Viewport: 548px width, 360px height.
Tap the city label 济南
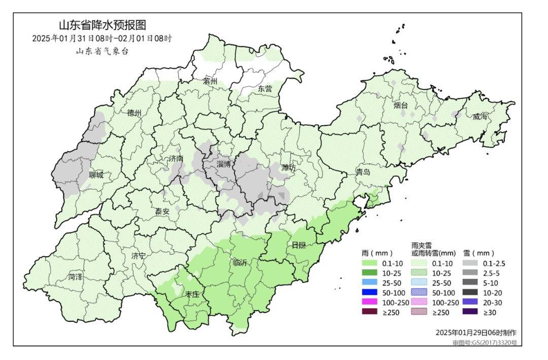(x=176, y=159)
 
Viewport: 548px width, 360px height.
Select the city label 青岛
(x=363, y=172)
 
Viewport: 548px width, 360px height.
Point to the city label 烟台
(x=401, y=105)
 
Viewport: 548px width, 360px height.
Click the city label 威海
(x=479, y=117)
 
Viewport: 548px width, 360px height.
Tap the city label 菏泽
(x=76, y=277)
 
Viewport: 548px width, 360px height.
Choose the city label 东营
(x=265, y=88)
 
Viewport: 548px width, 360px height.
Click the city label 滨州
(x=210, y=81)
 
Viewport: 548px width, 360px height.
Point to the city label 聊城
(x=95, y=175)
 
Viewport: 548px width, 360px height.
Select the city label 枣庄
(x=192, y=294)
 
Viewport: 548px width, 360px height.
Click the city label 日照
(x=298, y=245)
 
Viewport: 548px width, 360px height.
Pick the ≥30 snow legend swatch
(x=470, y=312)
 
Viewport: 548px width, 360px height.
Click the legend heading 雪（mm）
(x=478, y=253)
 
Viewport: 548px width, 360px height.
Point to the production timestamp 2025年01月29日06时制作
(x=475, y=333)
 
